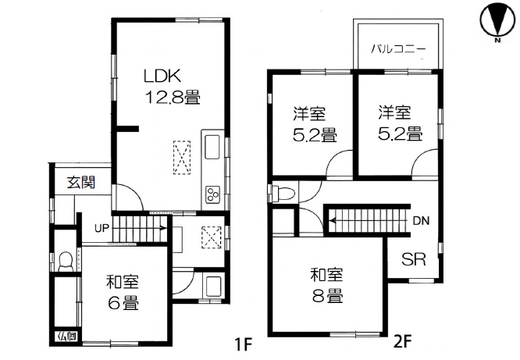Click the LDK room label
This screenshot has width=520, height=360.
(162, 76)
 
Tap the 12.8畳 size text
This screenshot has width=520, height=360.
(173, 98)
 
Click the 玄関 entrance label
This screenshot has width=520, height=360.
(81, 182)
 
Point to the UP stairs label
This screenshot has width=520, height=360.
(102, 228)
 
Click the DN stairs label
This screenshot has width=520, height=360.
(421, 221)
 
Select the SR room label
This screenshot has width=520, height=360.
(414, 259)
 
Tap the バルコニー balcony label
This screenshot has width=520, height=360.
(398, 49)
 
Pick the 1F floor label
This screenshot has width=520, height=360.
(244, 344)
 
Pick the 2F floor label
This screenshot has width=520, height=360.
(403, 342)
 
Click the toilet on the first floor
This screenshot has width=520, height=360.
(66, 262)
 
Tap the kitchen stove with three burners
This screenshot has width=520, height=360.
(212, 194)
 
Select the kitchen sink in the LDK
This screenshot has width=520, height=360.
(212, 147)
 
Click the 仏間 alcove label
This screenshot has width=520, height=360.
(67, 337)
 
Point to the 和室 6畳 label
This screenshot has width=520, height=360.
(123, 292)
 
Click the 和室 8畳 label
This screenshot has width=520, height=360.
(327, 285)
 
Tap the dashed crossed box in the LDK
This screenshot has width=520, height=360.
(182, 157)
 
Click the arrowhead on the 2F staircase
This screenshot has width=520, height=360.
(332, 221)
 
